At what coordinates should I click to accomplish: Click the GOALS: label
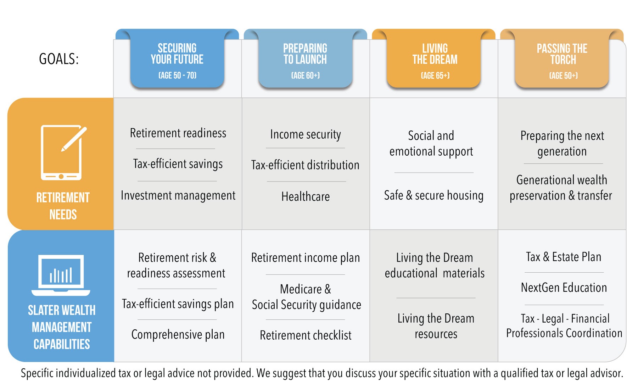pos(59,59)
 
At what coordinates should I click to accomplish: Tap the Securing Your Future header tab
pos(177,58)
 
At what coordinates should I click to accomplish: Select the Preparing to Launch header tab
pos(305,58)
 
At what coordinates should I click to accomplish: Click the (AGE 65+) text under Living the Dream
pos(435,76)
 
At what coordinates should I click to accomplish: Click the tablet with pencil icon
pos(63,152)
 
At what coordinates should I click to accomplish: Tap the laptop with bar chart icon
pos(61,275)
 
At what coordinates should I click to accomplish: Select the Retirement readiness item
pos(178,133)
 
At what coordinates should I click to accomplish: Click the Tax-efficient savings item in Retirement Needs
pos(178,164)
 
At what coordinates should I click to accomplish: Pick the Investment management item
pos(178,196)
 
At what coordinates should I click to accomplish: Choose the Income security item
pos(306,135)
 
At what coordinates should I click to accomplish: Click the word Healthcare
pos(306,196)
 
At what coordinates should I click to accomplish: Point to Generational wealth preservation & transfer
pos(561,188)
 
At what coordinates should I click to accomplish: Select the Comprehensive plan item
pos(178,335)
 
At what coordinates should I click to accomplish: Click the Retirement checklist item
pos(306,335)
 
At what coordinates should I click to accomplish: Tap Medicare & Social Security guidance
pos(306,297)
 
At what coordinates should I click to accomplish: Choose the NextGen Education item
pos(564,288)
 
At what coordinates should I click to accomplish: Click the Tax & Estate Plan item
pos(564,257)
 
